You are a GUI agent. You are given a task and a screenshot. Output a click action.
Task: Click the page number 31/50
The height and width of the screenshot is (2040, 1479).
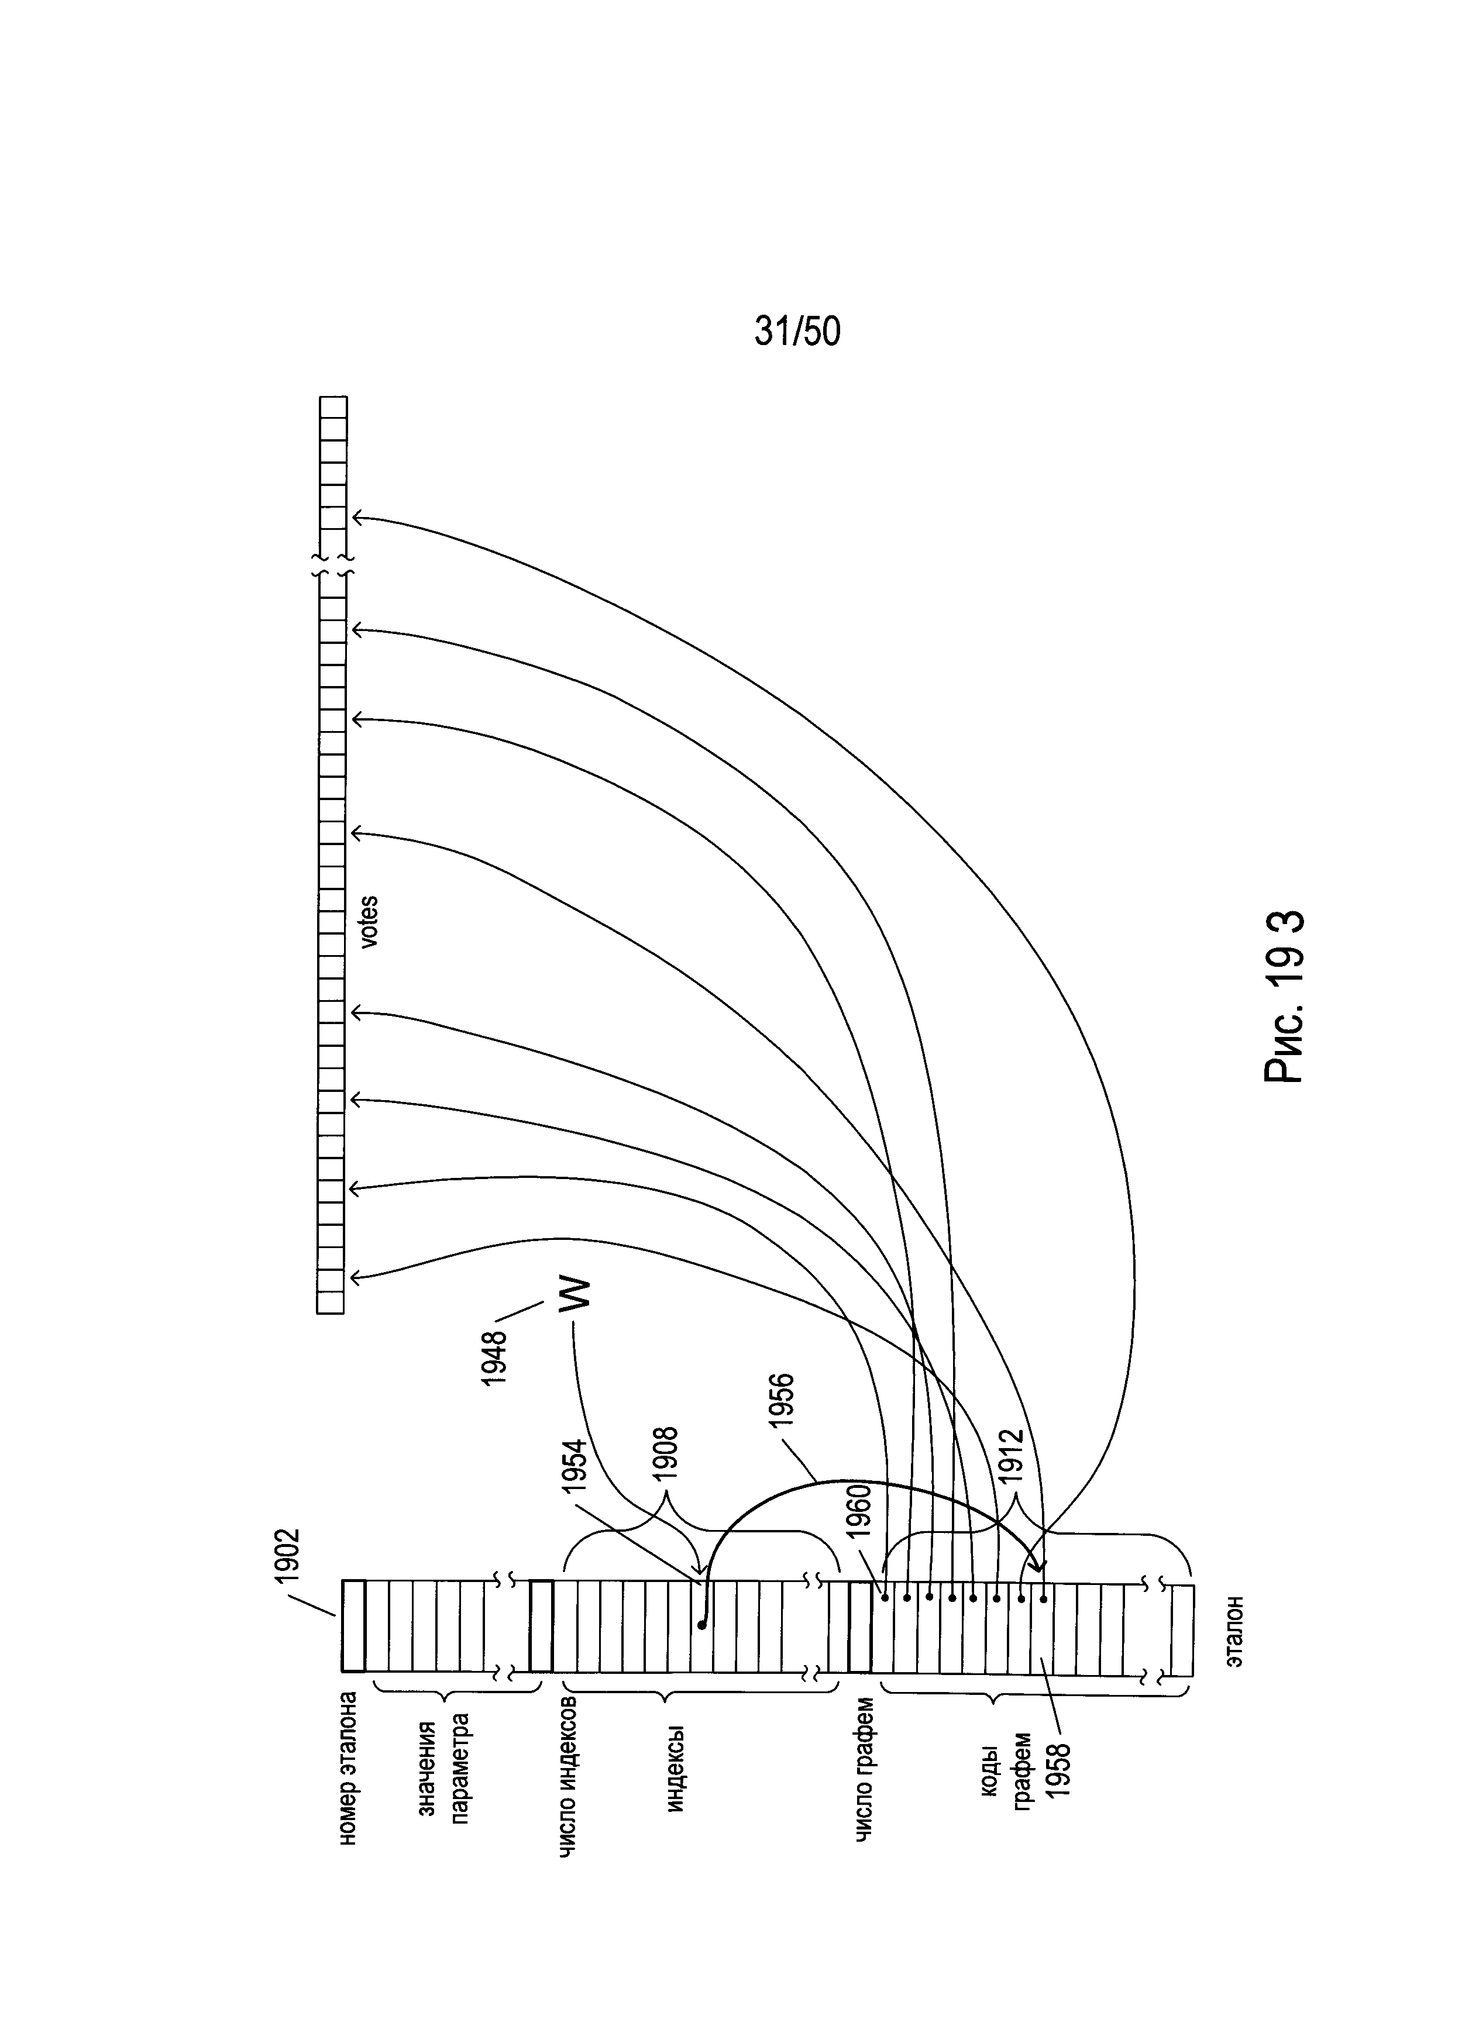(x=797, y=332)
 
